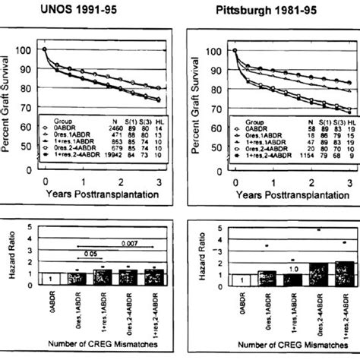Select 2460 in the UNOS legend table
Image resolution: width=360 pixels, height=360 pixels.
[x=115, y=131]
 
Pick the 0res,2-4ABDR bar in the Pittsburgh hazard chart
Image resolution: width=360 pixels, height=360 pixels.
[x=318, y=274]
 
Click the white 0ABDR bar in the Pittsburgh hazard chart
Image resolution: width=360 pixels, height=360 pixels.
[x=238, y=279]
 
